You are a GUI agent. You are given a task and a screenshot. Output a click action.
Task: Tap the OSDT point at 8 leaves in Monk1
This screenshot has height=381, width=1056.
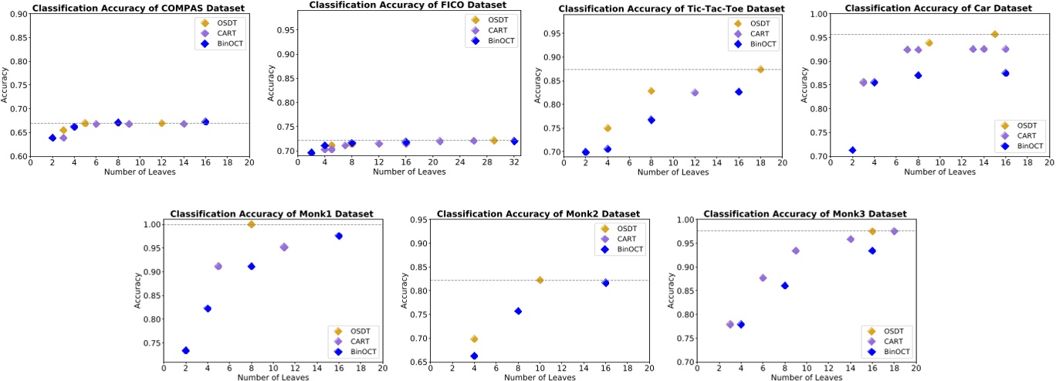point(251,224)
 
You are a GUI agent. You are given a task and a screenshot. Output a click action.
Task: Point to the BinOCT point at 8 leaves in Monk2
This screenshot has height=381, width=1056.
point(518,311)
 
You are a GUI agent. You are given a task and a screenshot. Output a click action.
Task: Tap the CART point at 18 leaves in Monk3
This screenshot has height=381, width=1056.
point(894,231)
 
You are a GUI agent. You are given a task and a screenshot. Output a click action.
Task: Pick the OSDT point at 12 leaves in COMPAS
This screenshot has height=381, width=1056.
point(162,123)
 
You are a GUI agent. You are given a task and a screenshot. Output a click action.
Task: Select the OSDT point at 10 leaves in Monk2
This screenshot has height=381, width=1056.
point(540,280)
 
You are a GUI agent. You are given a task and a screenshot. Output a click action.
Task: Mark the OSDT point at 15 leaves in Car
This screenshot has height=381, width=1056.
point(994,34)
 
